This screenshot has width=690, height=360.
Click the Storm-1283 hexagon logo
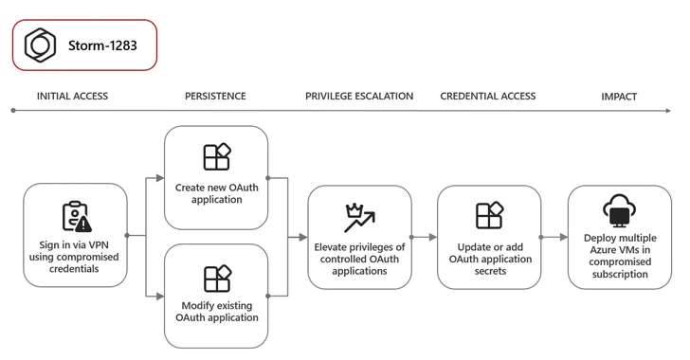(41, 45)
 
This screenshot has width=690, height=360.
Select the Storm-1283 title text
(102, 45)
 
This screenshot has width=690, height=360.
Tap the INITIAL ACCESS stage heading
(72, 97)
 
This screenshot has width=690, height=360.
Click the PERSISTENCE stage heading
(215, 97)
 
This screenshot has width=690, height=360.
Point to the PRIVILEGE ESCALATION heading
(359, 97)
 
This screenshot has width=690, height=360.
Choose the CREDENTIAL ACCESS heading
(488, 97)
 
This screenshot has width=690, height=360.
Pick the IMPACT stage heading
(619, 97)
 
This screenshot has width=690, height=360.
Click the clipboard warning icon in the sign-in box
(76, 217)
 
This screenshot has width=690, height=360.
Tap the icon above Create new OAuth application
(217, 157)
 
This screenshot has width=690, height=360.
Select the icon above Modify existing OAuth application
(217, 279)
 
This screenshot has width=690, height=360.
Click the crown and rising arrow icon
(359, 218)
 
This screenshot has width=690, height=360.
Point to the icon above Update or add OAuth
(489, 217)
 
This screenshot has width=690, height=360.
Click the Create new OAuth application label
(217, 193)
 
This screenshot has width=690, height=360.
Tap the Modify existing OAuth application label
(217, 312)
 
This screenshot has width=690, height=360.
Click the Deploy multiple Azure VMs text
(619, 256)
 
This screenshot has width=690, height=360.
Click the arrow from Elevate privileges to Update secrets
(425, 237)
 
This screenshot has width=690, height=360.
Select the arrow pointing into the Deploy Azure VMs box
(554, 237)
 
